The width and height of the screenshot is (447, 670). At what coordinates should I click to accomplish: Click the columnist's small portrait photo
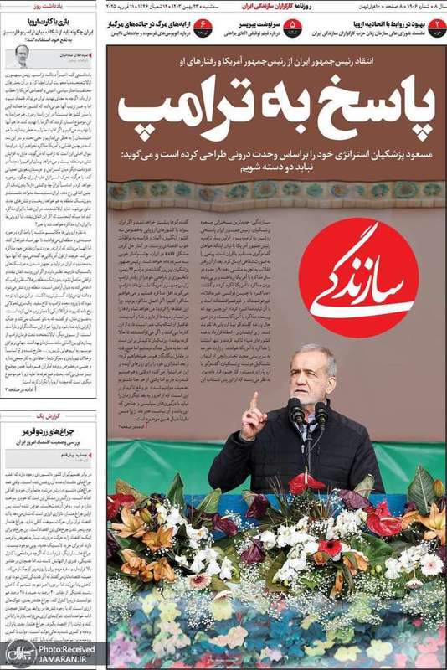[20, 58]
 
